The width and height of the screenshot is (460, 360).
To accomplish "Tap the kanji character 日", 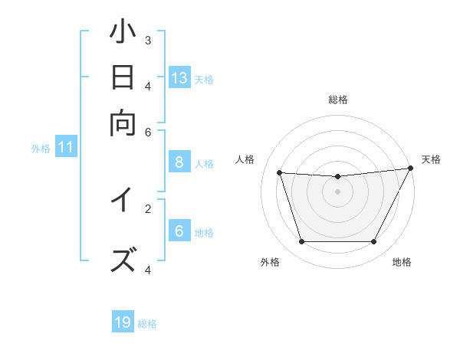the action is click(x=123, y=79).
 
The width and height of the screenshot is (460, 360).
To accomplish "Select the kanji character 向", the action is click(x=123, y=122).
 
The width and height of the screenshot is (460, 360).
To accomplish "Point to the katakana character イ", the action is click(x=123, y=201).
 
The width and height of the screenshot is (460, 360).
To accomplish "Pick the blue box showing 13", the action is click(x=179, y=78).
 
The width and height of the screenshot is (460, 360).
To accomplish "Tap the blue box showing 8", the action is click(x=179, y=162).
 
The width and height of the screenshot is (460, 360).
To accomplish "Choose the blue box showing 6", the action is click(x=179, y=231).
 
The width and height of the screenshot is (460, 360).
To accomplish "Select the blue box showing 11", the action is click(x=65, y=147).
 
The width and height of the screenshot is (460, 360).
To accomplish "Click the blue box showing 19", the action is click(x=123, y=322).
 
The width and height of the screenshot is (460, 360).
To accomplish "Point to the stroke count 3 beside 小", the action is click(x=148, y=40).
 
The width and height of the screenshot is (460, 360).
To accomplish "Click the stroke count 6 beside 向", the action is click(x=148, y=132).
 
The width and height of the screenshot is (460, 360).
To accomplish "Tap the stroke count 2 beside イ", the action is click(x=148, y=207).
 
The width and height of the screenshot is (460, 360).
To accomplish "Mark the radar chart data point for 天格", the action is click(x=411, y=169).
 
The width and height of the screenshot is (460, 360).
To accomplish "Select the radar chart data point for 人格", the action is click(x=280, y=173).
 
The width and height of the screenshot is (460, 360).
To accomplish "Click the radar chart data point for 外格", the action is click(x=301, y=242).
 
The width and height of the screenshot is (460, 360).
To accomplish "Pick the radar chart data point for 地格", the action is click(x=374, y=242).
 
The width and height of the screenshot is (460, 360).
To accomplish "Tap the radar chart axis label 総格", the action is click(x=338, y=100).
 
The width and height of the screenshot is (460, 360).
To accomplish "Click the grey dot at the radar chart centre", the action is click(x=338, y=191).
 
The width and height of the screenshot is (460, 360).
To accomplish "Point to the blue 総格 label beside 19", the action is click(x=147, y=324).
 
